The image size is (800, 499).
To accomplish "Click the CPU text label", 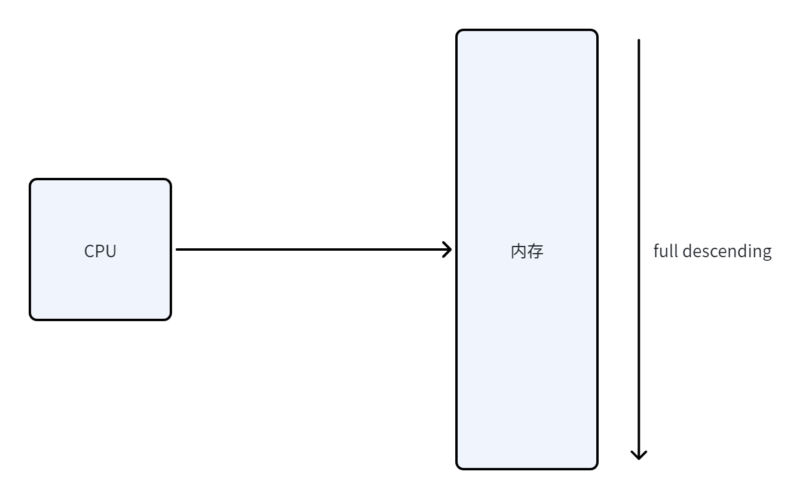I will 100,251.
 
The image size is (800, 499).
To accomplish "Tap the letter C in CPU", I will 90,251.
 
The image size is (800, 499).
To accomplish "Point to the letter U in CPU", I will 111,251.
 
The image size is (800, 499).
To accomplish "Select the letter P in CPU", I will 100,251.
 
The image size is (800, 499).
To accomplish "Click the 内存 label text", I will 527,251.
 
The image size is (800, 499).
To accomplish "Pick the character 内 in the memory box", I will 519,251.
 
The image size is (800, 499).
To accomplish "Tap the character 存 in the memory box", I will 535,251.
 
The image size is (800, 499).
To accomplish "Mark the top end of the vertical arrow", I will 639,41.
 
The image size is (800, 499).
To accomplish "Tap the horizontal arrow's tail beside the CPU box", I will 177,249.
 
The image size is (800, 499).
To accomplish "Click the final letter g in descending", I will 767,253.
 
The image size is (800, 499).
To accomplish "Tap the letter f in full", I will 656,251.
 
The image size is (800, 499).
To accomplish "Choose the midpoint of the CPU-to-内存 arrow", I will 314,249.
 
